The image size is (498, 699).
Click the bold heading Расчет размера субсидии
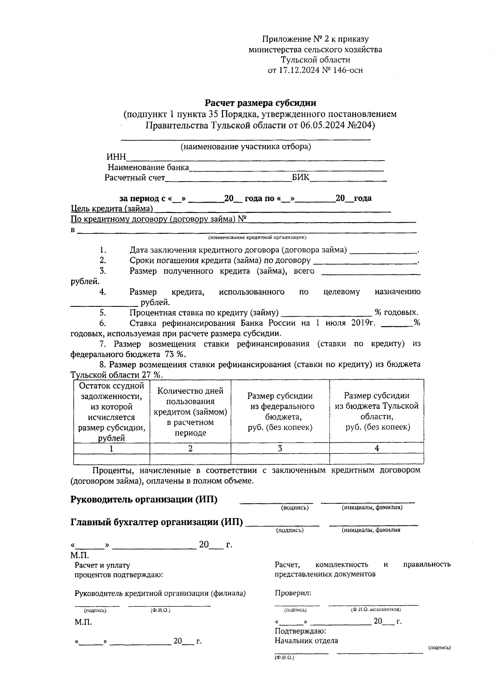[261, 102]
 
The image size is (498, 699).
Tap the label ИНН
[116, 157]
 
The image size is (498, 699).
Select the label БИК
[300, 178]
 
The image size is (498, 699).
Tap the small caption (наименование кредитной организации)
[257, 238]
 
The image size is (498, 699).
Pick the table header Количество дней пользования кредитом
[190, 412]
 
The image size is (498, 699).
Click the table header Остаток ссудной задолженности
[112, 411]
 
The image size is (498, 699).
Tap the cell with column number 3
[280, 448]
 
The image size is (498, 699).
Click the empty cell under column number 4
[376, 459]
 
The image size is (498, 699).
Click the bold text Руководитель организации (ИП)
[144, 500]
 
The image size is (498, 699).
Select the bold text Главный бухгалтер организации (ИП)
[157, 522]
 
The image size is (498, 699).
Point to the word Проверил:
[293, 593]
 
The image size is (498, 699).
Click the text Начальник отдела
[306, 641]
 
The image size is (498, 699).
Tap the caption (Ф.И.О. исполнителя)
[376, 609]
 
